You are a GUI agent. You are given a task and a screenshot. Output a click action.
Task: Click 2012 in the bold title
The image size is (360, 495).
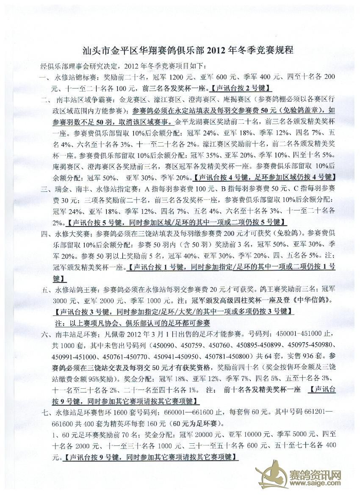click(x=218, y=50)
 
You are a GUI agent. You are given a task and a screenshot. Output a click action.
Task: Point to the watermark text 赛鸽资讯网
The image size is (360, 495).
click(x=314, y=474)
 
